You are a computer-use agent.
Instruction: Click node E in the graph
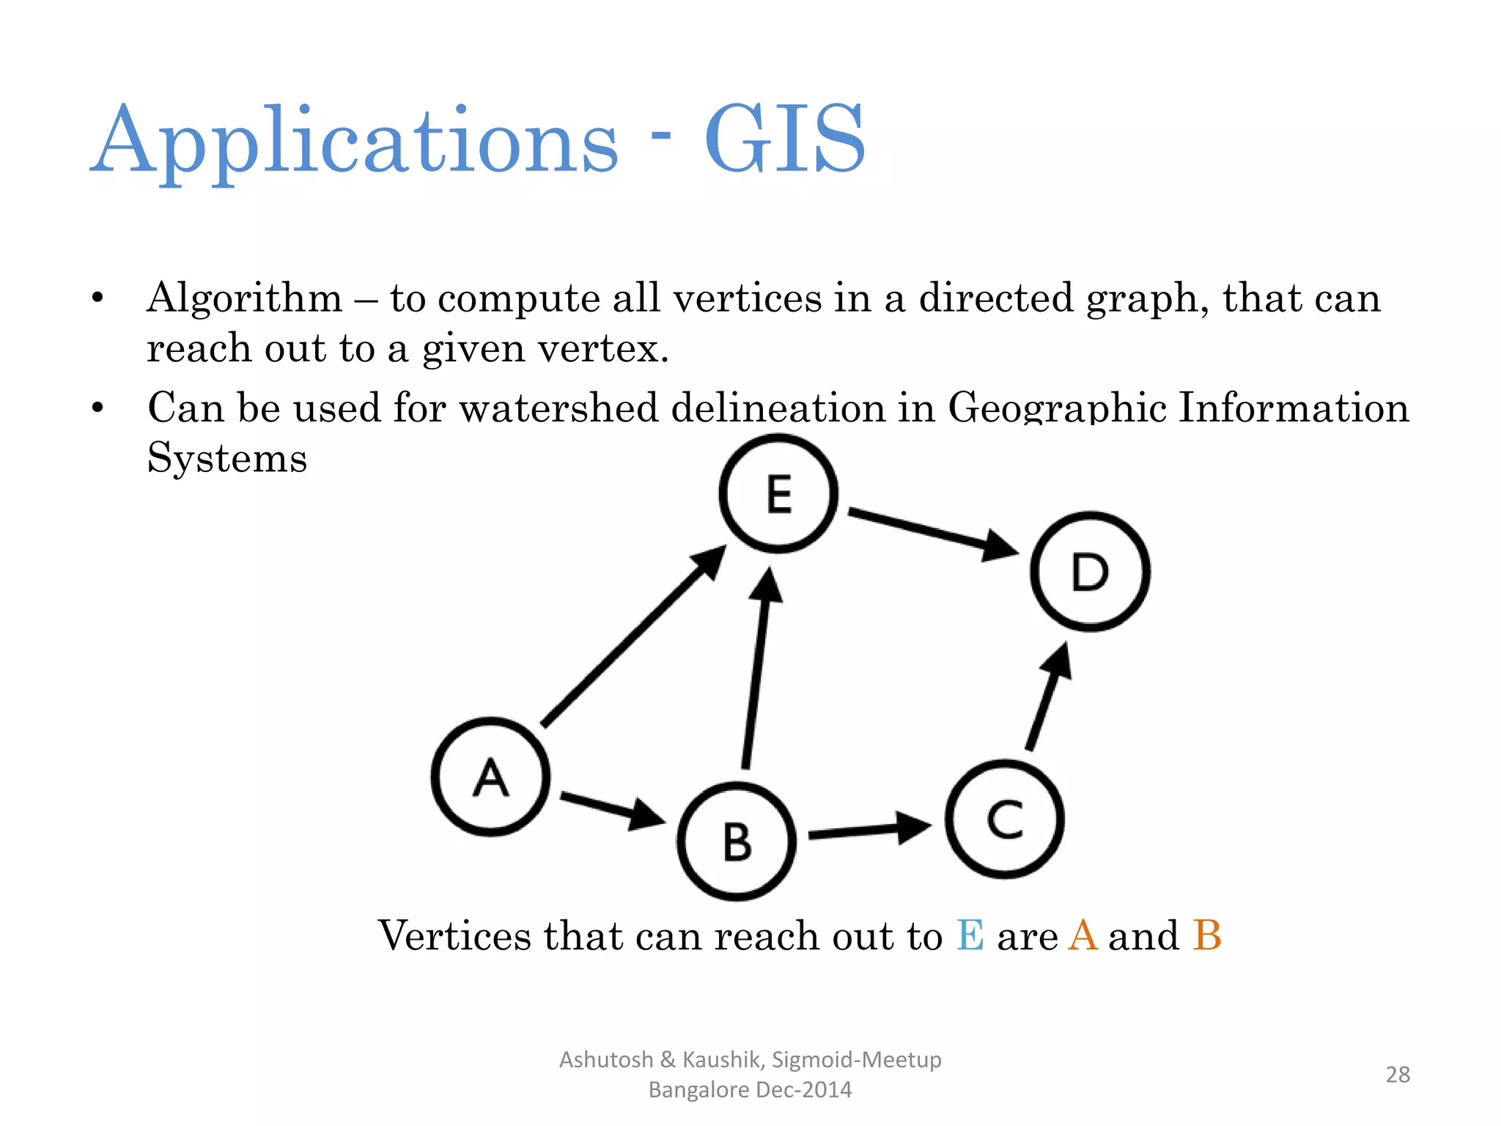tap(778, 493)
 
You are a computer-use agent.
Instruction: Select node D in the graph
tap(1090, 571)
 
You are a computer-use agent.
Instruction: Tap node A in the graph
tap(490, 776)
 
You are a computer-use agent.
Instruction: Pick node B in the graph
tap(737, 842)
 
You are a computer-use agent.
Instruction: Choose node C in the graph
tap(1005, 819)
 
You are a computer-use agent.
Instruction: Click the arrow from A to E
tap(630, 638)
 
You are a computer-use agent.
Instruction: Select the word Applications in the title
tap(355, 141)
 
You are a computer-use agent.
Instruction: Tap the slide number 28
tap(1398, 1074)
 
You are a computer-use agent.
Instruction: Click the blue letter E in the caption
tap(970, 935)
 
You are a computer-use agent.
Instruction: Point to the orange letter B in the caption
tap(1206, 935)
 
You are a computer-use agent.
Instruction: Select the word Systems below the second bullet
tap(227, 458)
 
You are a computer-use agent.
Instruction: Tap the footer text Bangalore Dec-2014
tap(750, 1089)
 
